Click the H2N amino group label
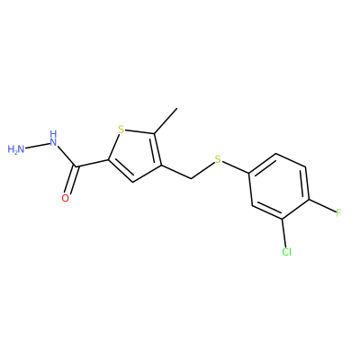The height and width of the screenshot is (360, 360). coord(16,149)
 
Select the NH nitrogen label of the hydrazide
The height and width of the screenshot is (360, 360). coord(53,139)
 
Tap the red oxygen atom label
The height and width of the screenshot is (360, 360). coord(66,198)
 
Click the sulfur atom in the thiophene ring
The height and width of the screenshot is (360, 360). coord(121,130)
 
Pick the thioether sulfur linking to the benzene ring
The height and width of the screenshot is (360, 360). coord(218,160)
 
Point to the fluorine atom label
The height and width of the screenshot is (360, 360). coord(338,213)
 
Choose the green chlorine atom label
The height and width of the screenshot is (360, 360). coord(287,252)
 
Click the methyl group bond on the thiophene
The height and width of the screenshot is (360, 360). coord(166,121)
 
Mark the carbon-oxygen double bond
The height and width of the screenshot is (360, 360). coord(71,180)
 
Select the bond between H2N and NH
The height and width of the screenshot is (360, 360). coord(37,145)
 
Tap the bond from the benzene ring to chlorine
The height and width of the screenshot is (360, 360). coord(284,232)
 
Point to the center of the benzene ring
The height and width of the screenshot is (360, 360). coord(279,186)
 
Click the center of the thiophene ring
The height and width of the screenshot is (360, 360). coord(137,156)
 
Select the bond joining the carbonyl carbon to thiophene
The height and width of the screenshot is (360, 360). coord(92,163)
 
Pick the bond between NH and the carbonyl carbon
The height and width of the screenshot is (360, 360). coord(67,156)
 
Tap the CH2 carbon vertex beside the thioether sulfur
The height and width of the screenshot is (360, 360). coord(192,179)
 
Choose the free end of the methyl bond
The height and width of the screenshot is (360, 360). coord(177,108)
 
